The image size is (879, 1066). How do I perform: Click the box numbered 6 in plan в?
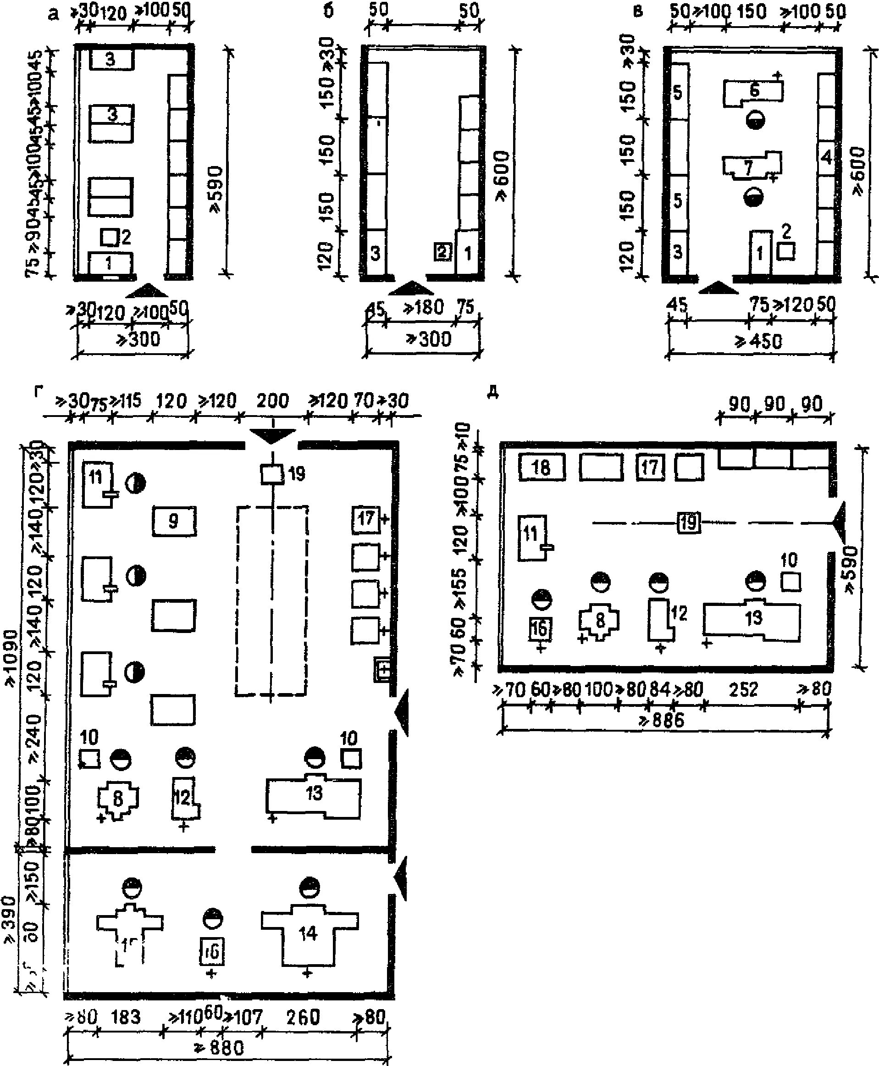pyautogui.click(x=753, y=92)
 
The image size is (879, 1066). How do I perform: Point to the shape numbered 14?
pyautogui.click(x=308, y=933)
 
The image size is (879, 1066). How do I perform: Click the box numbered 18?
pyautogui.click(x=541, y=467)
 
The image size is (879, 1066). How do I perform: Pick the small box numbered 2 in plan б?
pyautogui.click(x=442, y=252)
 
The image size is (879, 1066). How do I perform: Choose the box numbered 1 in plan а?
pyautogui.click(x=110, y=263)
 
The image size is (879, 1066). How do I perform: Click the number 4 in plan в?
pyautogui.click(x=826, y=158)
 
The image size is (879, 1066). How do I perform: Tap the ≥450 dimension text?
pyautogui.click(x=758, y=341)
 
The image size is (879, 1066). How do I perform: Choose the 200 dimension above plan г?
pyautogui.click(x=272, y=401)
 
